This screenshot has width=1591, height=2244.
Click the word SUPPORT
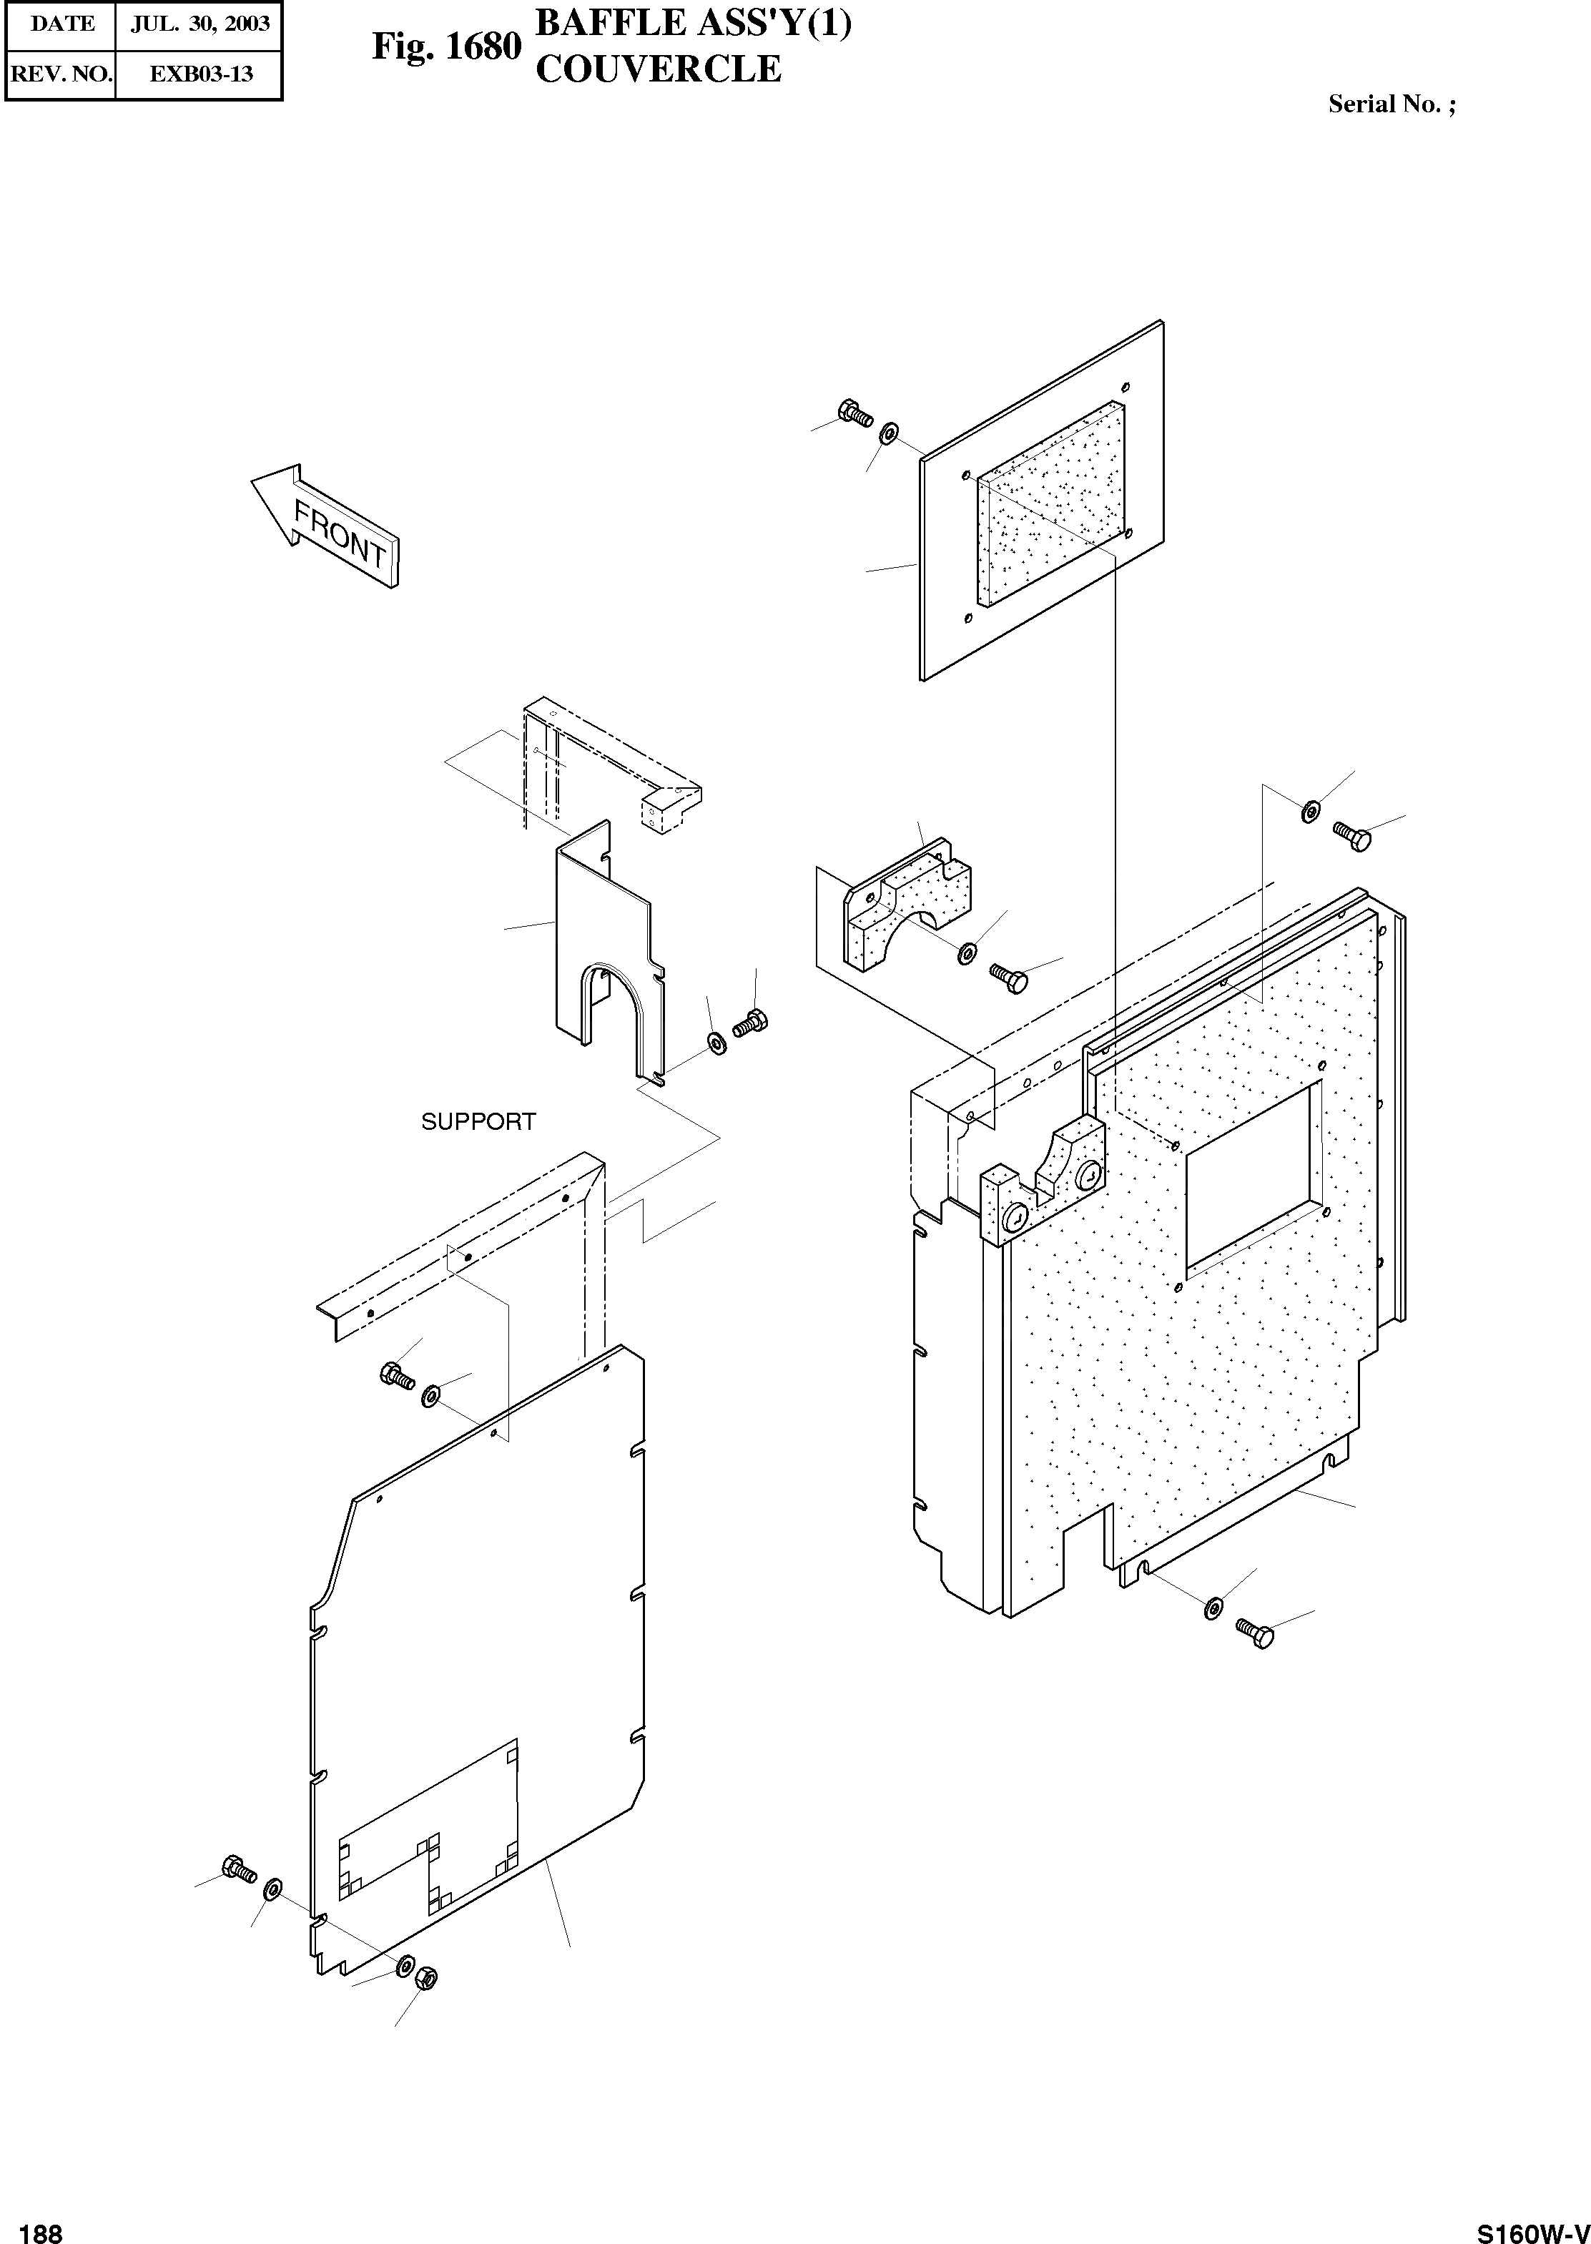tap(478, 1121)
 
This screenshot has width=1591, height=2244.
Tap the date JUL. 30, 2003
tap(200, 24)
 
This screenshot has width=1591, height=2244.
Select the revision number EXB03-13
tap(200, 74)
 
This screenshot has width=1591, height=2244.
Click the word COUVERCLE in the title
tap(659, 69)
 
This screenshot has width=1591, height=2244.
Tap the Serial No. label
tap(1391, 105)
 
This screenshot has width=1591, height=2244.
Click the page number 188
tap(41, 2226)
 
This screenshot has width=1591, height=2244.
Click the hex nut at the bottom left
tap(426, 1977)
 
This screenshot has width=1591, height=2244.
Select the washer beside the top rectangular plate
tap(890, 432)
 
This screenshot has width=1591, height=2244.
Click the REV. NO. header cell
tap(61, 74)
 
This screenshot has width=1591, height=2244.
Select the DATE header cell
tap(61, 24)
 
